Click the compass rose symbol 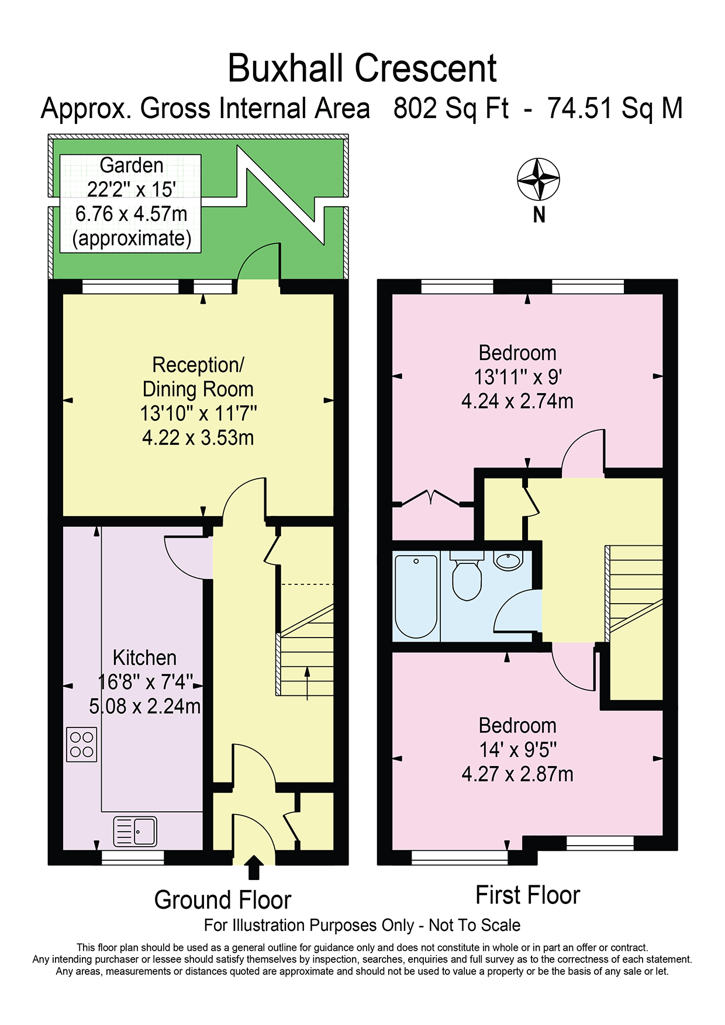pyautogui.click(x=538, y=179)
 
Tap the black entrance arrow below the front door pyautogui.click(x=253, y=868)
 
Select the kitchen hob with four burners pyautogui.click(x=82, y=744)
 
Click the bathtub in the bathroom pyautogui.click(x=416, y=596)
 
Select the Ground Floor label pyautogui.click(x=223, y=900)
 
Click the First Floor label pyautogui.click(x=528, y=895)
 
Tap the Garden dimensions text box pyautogui.click(x=131, y=203)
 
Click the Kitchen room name pyautogui.click(x=144, y=658)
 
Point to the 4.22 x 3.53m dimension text pyautogui.click(x=198, y=438)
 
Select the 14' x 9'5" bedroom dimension pyautogui.click(x=518, y=750)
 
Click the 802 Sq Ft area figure pyautogui.click(x=451, y=109)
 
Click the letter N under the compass pyautogui.click(x=539, y=216)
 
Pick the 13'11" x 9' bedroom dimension pyautogui.click(x=518, y=377)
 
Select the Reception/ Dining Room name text pyautogui.click(x=198, y=377)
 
